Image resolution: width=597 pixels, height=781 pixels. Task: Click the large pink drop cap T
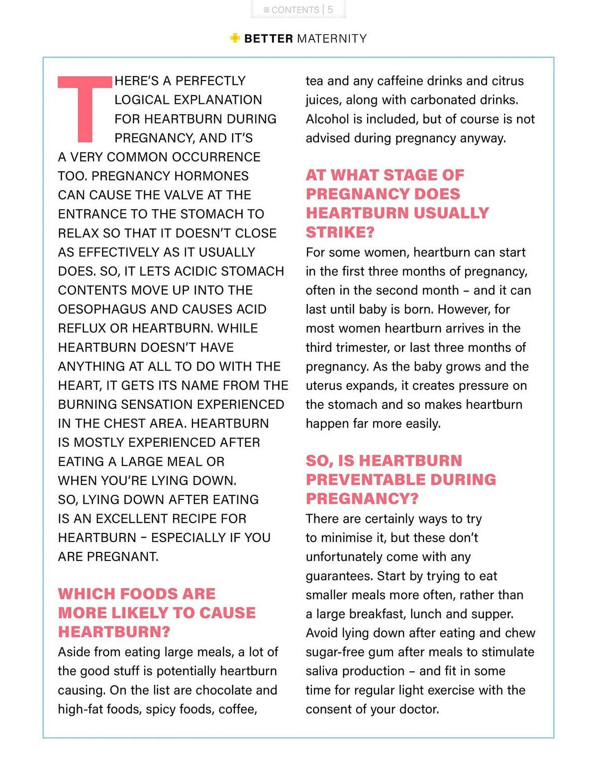point(85,107)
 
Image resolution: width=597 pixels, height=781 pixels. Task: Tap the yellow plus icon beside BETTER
point(235,38)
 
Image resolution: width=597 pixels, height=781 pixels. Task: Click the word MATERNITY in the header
point(332,39)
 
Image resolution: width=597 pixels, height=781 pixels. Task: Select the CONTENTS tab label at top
point(295,10)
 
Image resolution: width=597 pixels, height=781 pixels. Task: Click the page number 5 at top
point(330,10)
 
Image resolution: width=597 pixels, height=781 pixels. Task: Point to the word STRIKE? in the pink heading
point(340,232)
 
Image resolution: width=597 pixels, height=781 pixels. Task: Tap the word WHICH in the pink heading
point(86,594)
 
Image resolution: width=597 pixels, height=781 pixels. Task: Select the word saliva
point(323,671)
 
